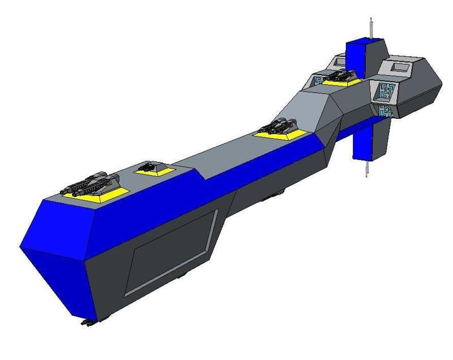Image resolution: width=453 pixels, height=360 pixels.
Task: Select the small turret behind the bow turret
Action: tap(149, 166)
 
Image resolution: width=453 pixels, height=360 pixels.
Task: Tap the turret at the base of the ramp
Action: tap(281, 126)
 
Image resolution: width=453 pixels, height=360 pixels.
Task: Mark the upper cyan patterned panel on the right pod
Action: tap(388, 90)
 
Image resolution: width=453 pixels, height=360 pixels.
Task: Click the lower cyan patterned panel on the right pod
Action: tap(386, 110)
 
